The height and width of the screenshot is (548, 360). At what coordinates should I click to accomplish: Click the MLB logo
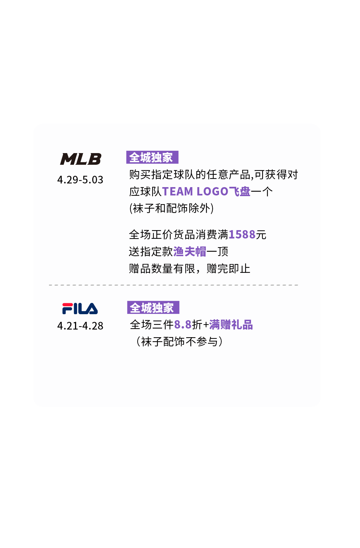(x=81, y=159)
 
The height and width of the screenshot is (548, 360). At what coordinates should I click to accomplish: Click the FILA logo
(x=80, y=309)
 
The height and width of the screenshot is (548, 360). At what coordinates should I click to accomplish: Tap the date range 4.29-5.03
(x=80, y=180)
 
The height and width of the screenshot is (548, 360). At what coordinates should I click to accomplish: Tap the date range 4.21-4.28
(x=80, y=326)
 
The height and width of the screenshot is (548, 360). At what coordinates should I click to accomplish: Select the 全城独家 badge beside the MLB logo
(x=152, y=157)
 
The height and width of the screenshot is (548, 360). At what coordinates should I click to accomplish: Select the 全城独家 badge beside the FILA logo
(x=153, y=308)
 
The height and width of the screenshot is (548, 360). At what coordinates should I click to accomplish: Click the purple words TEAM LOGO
(x=195, y=191)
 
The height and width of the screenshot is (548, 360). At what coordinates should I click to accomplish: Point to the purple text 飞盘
(x=240, y=191)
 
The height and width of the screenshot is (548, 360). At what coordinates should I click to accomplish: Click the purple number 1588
(x=242, y=234)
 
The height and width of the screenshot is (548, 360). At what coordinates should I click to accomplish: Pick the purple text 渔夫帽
(x=190, y=251)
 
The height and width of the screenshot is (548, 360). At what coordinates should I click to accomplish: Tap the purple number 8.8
(x=183, y=325)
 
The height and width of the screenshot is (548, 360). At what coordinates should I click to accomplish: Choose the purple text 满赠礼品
(x=231, y=325)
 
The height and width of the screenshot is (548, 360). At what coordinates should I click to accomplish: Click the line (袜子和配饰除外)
(x=171, y=208)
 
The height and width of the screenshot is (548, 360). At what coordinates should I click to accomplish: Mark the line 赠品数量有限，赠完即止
(x=189, y=268)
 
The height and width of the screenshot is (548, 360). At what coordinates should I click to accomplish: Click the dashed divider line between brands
(x=173, y=285)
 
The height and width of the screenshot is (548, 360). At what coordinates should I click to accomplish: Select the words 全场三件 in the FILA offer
(x=152, y=325)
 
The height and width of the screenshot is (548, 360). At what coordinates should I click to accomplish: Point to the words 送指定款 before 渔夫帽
(x=151, y=251)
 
